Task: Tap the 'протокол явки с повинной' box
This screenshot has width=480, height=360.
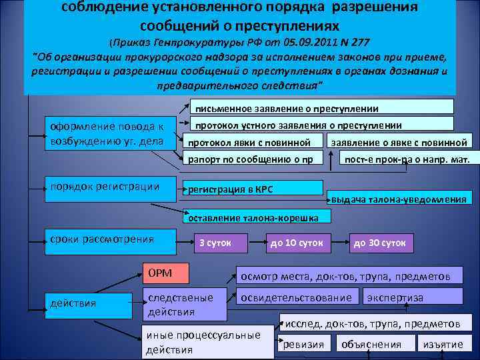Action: click(252, 141)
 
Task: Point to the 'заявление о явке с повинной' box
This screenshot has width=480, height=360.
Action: click(399, 141)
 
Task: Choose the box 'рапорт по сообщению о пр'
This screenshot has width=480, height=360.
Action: click(252, 158)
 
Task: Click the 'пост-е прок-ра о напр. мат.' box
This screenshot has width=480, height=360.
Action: click(406, 158)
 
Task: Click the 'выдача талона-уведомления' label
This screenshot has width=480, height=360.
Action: click(399, 199)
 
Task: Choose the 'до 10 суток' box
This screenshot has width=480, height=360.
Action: click(297, 243)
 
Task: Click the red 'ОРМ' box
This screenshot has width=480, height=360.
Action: click(166, 273)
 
